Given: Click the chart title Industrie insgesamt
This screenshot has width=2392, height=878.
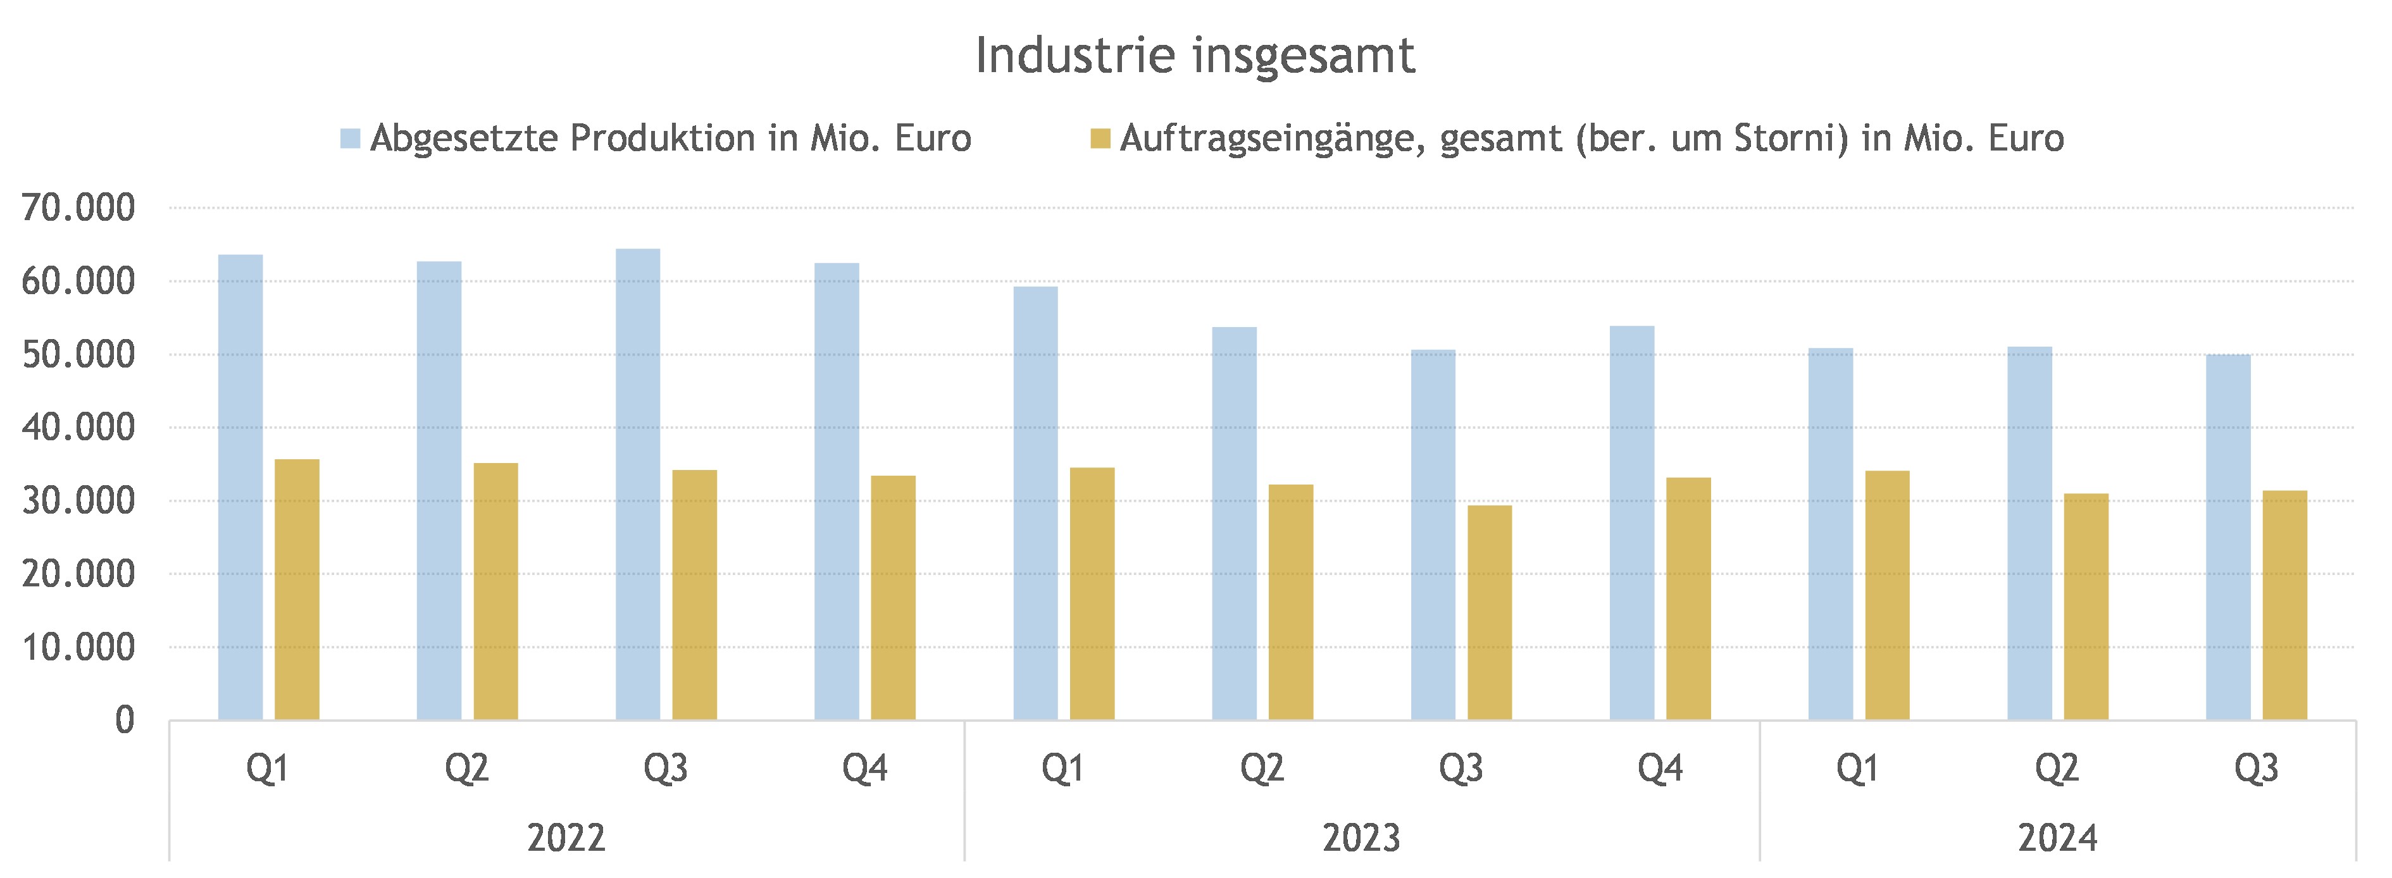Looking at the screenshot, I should pyautogui.click(x=1195, y=56).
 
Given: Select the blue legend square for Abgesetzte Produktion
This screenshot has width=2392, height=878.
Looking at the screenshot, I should pyautogui.click(x=350, y=139).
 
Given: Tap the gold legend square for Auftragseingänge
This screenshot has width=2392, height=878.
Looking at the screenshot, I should pyautogui.click(x=1100, y=139).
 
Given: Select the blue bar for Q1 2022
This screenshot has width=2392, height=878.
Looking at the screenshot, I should pyautogui.click(x=240, y=487).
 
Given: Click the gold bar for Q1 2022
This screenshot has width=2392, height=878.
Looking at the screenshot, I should pyautogui.click(x=297, y=590).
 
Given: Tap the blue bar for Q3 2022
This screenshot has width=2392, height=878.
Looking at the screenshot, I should pyautogui.click(x=638, y=485).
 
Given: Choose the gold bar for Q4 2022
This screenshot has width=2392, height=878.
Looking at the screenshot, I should pyautogui.click(x=894, y=598).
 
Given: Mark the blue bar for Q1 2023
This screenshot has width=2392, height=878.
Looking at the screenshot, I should pyautogui.click(x=1035, y=503).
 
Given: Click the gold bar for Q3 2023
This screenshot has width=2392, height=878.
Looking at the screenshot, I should pyautogui.click(x=1490, y=612).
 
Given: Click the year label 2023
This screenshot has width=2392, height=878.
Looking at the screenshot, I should pyautogui.click(x=1361, y=838).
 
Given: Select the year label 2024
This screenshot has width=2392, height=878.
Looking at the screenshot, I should pyautogui.click(x=2058, y=838).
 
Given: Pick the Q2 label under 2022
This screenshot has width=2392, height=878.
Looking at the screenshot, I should pyautogui.click(x=467, y=769).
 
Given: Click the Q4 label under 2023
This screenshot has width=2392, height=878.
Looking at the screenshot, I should pyautogui.click(x=1660, y=769).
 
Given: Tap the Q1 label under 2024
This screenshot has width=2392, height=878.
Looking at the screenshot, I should pyautogui.click(x=1858, y=769).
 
